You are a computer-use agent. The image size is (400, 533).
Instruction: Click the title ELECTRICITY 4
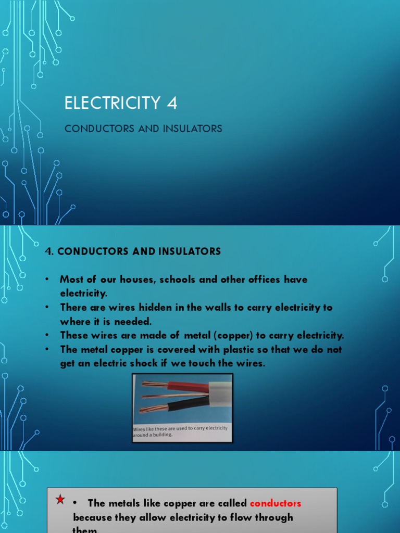121,103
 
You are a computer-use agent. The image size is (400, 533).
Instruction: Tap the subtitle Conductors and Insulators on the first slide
143,129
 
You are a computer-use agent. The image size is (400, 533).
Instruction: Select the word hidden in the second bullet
153,308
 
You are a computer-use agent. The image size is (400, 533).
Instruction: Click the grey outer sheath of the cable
220,394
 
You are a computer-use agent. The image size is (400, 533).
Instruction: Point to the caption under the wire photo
180,431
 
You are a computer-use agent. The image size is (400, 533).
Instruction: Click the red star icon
60,500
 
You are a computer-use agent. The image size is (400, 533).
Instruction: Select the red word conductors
276,503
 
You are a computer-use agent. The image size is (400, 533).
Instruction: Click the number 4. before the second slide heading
49,251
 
